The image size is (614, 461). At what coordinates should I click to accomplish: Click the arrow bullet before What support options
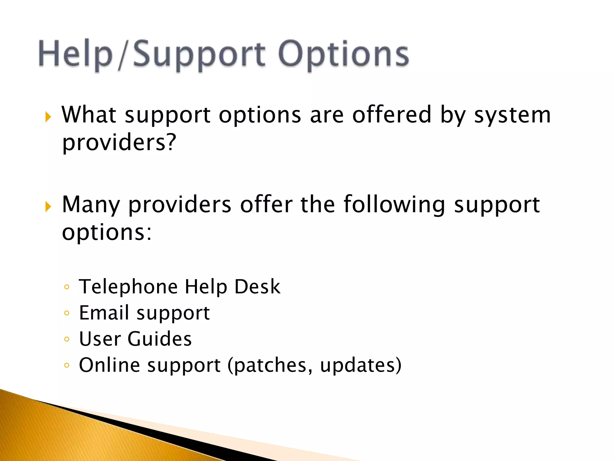click(x=48, y=117)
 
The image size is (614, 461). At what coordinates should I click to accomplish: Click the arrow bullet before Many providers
click(x=48, y=206)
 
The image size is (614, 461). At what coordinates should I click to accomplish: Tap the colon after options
click(x=149, y=233)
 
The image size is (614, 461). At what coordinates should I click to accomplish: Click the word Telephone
click(x=128, y=287)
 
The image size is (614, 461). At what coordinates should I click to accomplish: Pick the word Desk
click(x=257, y=287)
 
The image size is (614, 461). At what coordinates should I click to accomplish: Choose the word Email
click(x=104, y=313)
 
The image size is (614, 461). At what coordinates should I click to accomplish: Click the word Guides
click(x=159, y=339)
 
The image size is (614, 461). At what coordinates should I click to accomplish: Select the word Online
click(x=109, y=365)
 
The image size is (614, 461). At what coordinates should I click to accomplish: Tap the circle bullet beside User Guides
click(x=67, y=339)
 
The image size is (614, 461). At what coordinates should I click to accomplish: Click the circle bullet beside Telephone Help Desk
click(x=67, y=287)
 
